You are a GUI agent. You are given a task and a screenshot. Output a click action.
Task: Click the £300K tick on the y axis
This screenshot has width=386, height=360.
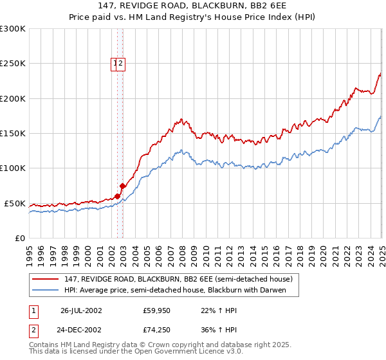13,29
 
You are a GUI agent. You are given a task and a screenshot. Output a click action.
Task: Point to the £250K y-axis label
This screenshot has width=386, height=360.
13,64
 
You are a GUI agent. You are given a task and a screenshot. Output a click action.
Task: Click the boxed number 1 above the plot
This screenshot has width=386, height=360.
115,63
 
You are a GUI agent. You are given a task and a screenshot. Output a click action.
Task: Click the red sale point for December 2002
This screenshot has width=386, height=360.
122,186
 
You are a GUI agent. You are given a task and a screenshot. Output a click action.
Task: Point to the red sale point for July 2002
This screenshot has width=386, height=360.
118,196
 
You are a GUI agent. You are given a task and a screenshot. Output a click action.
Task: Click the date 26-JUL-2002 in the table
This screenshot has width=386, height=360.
81,310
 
